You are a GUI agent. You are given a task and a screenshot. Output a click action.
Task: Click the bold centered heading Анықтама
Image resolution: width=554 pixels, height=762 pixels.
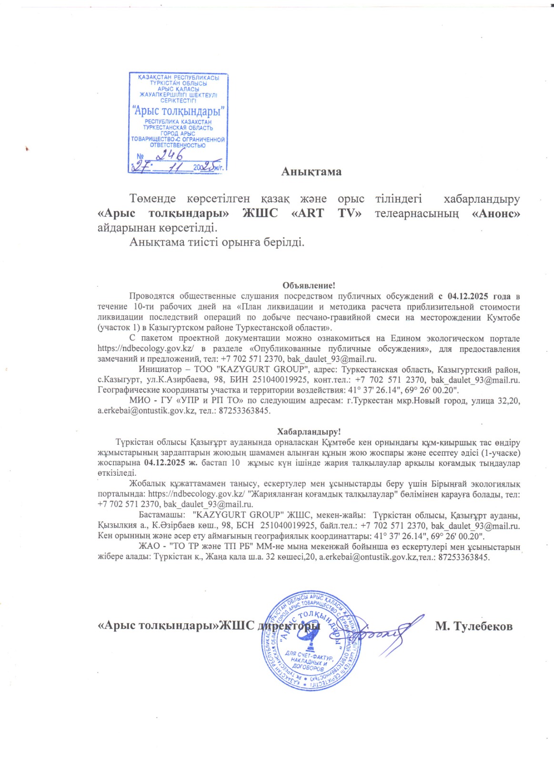click(311, 171)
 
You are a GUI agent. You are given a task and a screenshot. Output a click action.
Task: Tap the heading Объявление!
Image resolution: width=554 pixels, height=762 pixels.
click(309, 286)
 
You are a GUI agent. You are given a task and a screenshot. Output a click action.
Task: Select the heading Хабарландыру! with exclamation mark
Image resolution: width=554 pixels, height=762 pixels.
click(309, 432)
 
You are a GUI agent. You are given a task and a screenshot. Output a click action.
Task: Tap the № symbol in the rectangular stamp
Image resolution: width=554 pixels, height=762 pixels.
click(140, 157)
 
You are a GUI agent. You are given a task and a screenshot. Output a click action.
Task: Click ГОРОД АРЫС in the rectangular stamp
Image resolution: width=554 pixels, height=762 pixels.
click(178, 134)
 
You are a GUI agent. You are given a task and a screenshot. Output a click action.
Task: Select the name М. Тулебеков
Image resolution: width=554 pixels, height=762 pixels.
click(473, 626)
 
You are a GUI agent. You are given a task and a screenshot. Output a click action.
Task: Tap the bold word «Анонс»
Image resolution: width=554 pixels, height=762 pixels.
click(495, 213)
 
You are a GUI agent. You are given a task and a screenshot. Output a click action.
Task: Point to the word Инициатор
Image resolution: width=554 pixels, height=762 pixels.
click(160, 370)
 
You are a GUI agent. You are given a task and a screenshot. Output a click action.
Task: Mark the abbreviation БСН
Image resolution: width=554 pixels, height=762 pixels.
click(245, 526)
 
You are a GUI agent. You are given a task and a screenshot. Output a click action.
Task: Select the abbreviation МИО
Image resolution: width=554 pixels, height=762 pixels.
click(140, 401)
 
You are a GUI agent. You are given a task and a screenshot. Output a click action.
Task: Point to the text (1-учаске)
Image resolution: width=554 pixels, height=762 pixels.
click(500, 453)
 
